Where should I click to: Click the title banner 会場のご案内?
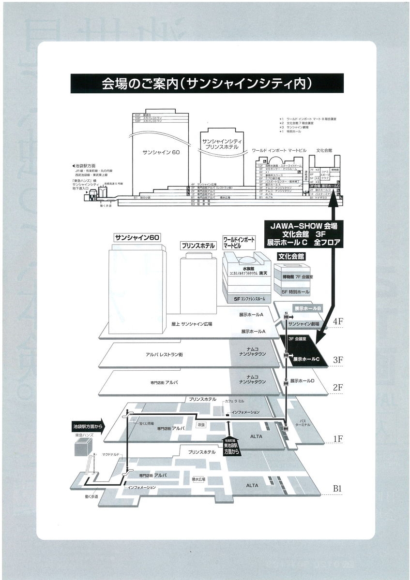(206, 83)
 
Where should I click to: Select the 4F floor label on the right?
(338, 321)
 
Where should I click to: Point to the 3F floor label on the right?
(338, 360)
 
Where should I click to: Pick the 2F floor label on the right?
(338, 387)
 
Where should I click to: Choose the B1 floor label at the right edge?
(338, 489)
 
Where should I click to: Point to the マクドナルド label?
(111, 454)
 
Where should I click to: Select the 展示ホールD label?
(304, 381)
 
